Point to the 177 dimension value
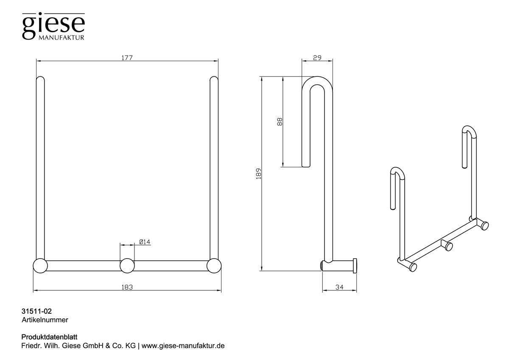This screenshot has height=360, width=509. (127, 58)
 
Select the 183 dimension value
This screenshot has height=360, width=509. (127, 287)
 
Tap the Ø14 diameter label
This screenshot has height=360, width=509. (145, 242)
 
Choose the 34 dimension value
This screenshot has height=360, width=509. (339, 287)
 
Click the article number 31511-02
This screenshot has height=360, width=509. (36, 311)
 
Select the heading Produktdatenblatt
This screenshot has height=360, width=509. (49, 337)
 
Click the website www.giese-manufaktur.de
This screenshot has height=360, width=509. (183, 346)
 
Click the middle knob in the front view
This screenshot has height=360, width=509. (127, 266)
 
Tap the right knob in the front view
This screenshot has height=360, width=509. (214, 266)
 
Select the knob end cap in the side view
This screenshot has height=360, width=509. (355, 266)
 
